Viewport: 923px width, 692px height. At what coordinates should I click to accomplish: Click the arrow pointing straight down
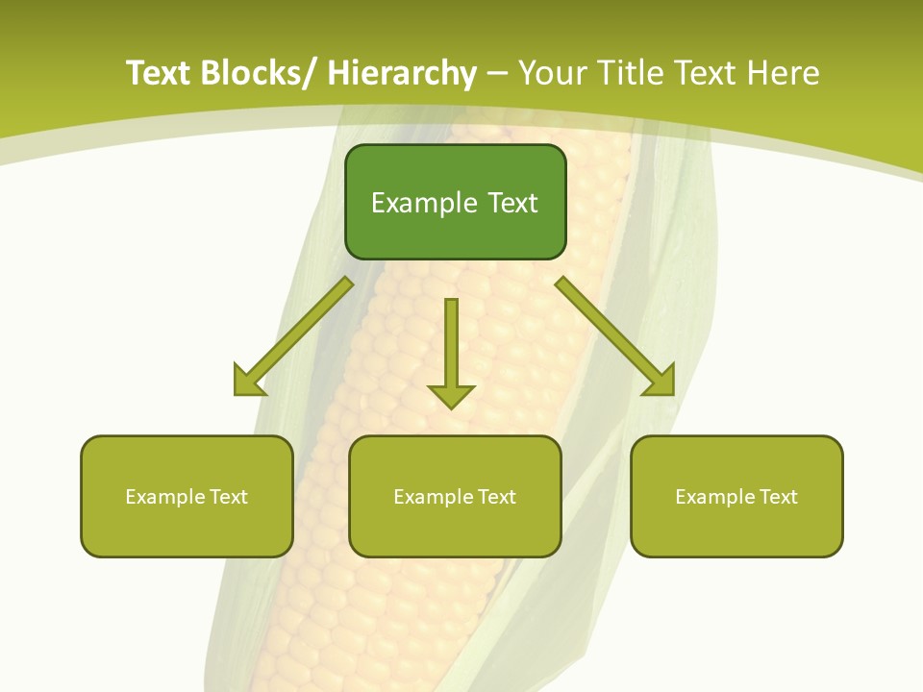click(x=451, y=351)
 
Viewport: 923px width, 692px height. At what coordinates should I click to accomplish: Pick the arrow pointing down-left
click(x=293, y=336)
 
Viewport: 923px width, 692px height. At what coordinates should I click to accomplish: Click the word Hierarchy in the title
click(x=402, y=73)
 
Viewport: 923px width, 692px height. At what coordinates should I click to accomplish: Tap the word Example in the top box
click(x=424, y=203)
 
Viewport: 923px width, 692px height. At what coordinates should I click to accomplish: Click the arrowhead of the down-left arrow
click(x=249, y=381)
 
